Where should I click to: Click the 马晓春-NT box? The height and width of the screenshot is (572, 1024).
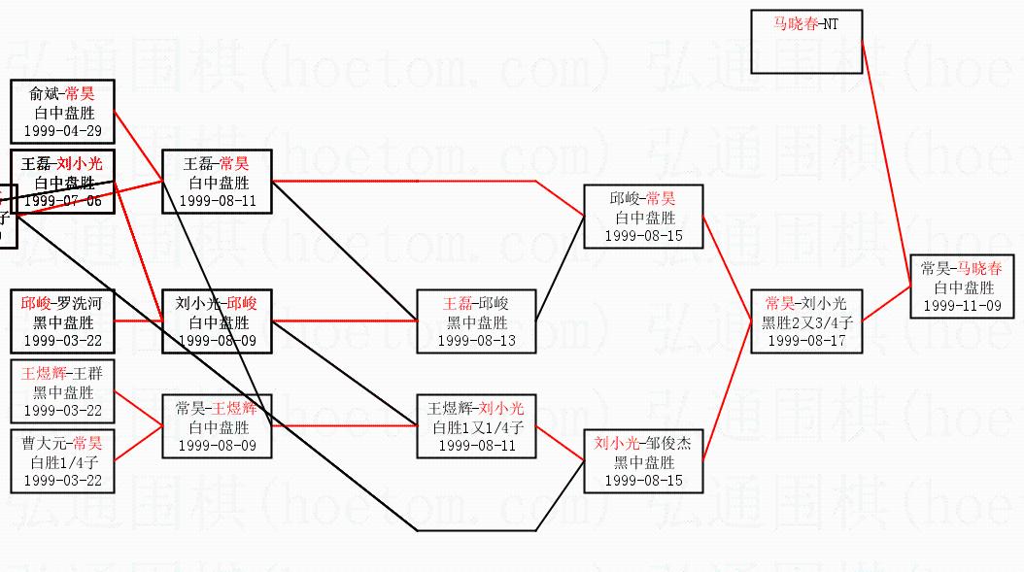pyautogui.click(x=806, y=42)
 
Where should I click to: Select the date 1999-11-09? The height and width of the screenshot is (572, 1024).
pyautogui.click(x=962, y=305)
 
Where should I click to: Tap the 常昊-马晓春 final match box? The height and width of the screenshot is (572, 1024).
pyautogui.click(x=962, y=286)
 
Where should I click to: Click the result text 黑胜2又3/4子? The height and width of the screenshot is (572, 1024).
pyautogui.click(x=806, y=322)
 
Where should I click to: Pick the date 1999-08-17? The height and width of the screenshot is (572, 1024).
pyautogui.click(x=806, y=341)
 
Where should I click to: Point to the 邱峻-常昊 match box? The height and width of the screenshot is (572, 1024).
pyautogui.click(x=643, y=217)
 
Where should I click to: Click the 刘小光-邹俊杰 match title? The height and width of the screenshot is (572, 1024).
pyautogui.click(x=643, y=444)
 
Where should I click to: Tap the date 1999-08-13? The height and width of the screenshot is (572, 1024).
pyautogui.click(x=476, y=341)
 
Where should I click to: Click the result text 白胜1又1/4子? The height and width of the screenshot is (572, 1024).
pyautogui.click(x=476, y=427)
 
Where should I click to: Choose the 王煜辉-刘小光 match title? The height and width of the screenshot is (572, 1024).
pyautogui.click(x=476, y=409)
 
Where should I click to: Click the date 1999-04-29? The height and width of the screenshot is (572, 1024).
pyautogui.click(x=63, y=131)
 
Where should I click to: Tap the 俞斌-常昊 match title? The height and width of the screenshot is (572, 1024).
pyautogui.click(x=63, y=94)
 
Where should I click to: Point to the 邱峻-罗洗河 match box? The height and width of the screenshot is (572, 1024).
pyautogui.click(x=63, y=321)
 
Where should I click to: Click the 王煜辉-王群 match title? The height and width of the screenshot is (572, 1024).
pyautogui.click(x=63, y=374)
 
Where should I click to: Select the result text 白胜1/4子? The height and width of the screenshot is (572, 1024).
pyautogui.click(x=63, y=462)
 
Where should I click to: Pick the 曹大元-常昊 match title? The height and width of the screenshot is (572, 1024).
pyautogui.click(x=63, y=444)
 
